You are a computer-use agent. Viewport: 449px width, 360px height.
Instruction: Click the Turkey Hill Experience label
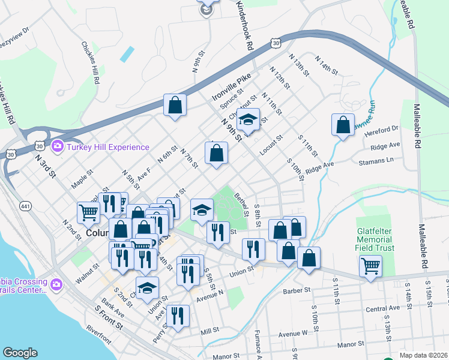(x=107, y=147)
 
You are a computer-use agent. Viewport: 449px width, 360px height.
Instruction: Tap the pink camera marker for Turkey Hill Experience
(x=58, y=146)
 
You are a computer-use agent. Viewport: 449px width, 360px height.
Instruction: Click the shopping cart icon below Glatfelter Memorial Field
(x=370, y=265)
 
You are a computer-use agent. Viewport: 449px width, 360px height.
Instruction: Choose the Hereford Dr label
(x=385, y=128)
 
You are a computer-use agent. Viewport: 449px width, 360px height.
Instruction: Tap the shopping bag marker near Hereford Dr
(x=342, y=125)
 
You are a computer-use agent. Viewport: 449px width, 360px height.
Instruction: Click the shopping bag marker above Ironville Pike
(x=175, y=106)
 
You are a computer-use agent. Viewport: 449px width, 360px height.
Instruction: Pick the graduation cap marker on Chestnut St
(x=247, y=120)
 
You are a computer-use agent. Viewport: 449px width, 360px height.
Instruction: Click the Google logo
(x=20, y=353)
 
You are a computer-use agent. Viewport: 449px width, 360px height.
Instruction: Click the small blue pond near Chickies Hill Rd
(x=127, y=54)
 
